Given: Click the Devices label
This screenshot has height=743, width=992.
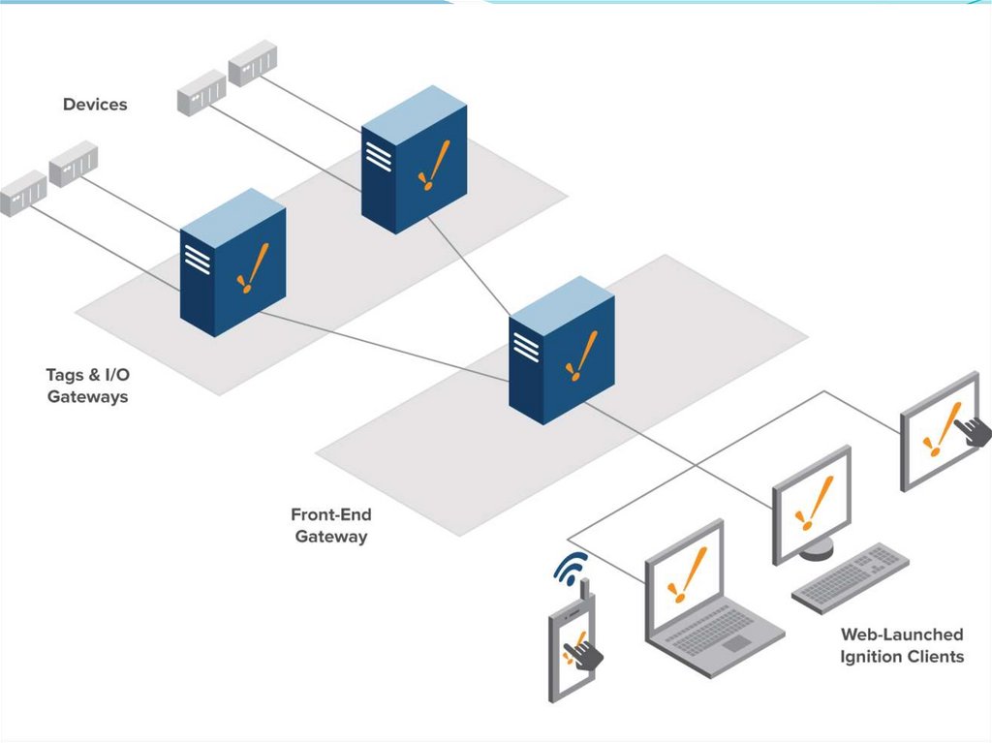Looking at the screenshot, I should point(95,104).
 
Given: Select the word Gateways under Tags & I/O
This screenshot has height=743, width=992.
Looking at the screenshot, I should point(87,396).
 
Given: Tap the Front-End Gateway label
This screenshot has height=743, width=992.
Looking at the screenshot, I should point(330,525).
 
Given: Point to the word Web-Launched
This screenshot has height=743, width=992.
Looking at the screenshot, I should point(901,635).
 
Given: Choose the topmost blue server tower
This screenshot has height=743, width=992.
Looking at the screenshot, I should point(414,159).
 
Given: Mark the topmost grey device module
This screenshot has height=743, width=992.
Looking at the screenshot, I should point(253,63).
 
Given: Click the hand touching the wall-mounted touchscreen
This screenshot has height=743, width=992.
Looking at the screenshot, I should point(973,426).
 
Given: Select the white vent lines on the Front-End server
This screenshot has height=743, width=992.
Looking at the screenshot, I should point(525,345).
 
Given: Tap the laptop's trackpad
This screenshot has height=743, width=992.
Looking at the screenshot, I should point(737,642).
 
